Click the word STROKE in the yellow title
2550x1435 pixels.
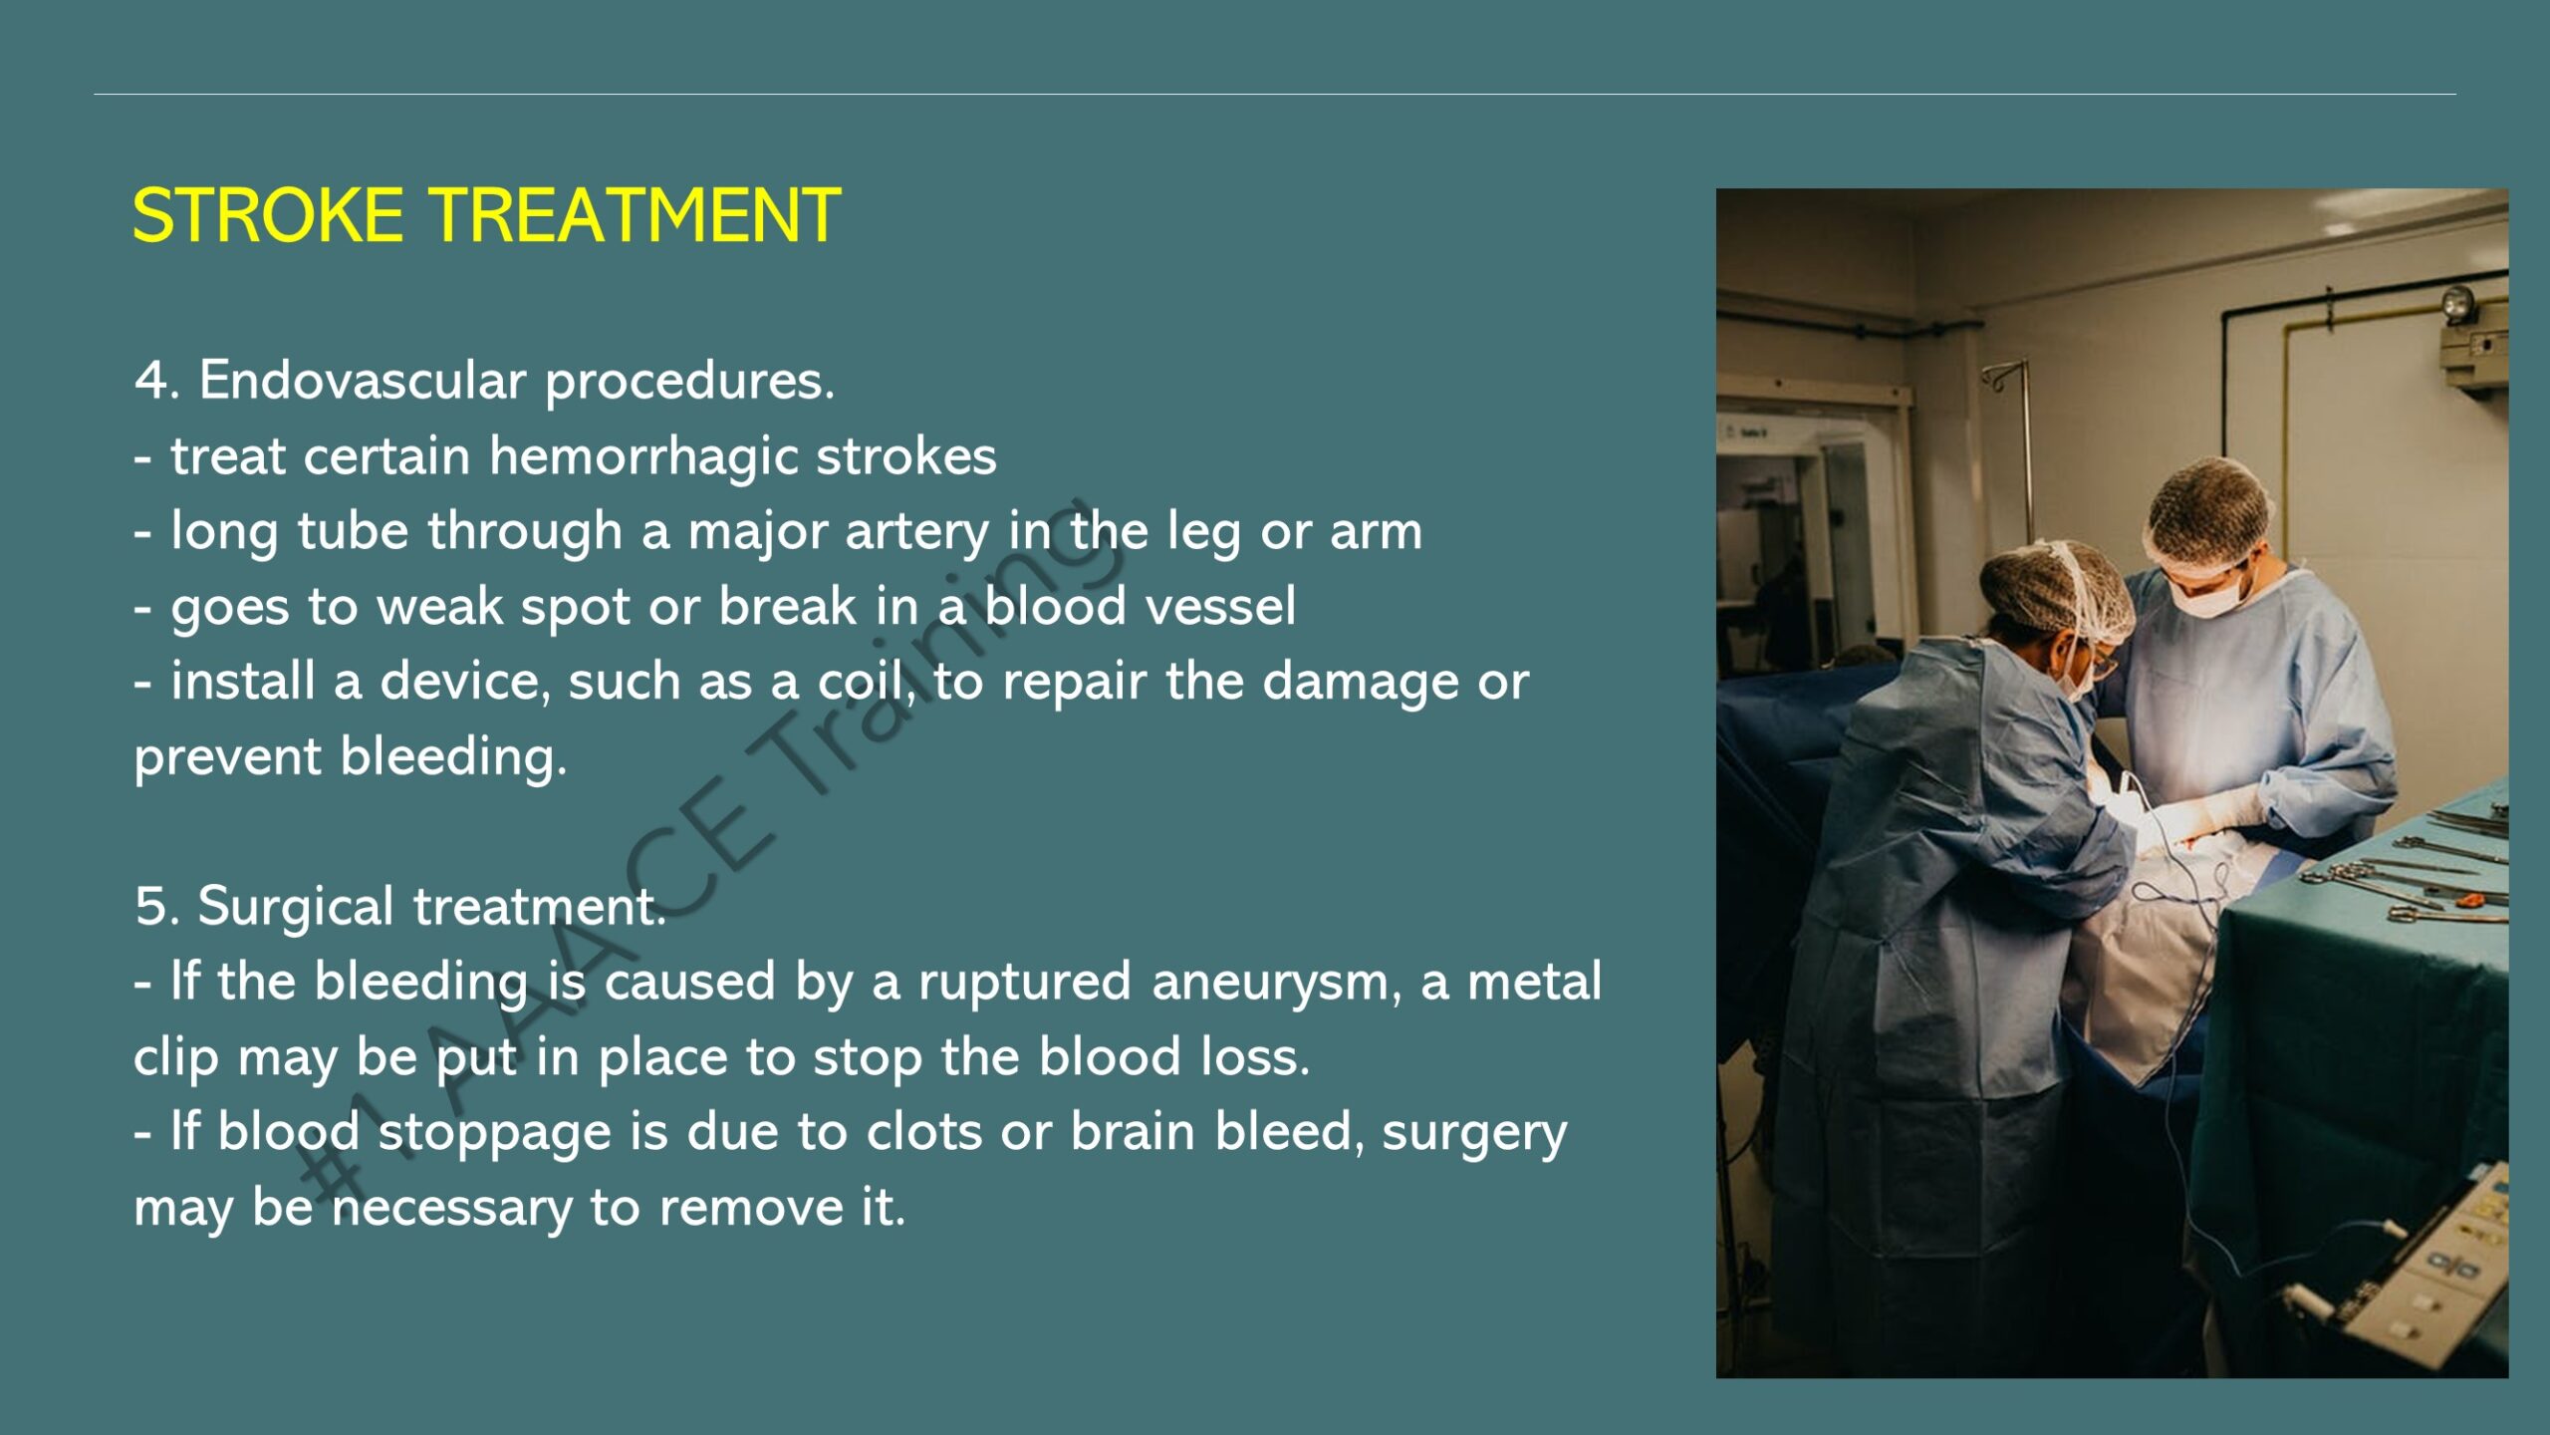268,215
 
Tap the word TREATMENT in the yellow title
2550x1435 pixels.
635,215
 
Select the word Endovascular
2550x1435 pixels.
363,380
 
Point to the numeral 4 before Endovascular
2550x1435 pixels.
150,381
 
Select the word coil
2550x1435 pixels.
863,682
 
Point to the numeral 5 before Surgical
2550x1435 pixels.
151,907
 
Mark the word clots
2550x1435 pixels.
924,1133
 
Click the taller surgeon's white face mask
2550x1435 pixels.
2213,596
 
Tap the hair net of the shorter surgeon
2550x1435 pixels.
2054,592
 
